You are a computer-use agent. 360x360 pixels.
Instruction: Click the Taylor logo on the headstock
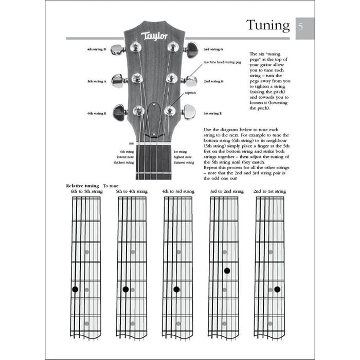[x=154, y=36]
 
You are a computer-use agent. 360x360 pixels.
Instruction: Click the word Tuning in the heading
[x=268, y=25]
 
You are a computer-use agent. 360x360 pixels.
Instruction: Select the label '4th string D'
[x=97, y=50]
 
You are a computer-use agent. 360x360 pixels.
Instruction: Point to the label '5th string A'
[x=97, y=81]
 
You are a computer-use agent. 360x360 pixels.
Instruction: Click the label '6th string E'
[x=97, y=113]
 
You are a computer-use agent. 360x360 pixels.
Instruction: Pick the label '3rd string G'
[x=213, y=49]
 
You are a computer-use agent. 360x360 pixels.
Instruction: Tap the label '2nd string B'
[x=213, y=81]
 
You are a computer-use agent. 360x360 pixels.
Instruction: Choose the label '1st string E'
[x=212, y=113]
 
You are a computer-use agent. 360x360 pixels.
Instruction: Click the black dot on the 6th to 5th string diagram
[x=75, y=289]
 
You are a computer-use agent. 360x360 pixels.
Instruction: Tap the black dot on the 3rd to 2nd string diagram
[x=227, y=271]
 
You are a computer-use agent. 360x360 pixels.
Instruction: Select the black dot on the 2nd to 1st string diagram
[x=277, y=289]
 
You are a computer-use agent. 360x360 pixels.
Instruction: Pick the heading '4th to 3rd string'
[x=178, y=191]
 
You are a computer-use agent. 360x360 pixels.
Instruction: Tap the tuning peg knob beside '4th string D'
[x=117, y=50]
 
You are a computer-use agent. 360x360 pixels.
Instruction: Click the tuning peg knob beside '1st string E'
[x=189, y=112]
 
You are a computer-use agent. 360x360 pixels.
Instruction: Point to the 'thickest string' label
[x=124, y=163]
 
